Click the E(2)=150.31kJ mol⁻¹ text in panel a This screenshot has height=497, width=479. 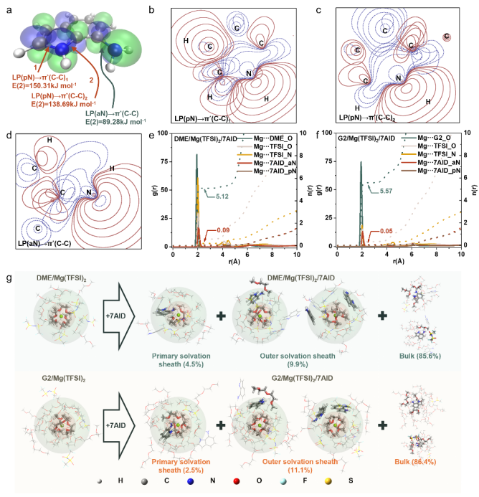coord(36,82)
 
